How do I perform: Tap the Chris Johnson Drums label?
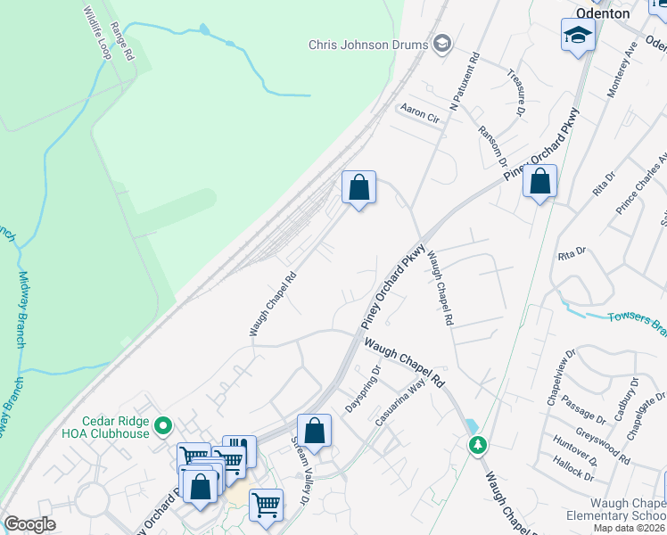click(x=369, y=44)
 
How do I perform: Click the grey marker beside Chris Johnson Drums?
click(x=441, y=44)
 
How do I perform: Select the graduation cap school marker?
click(x=578, y=36)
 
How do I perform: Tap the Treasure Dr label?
click(x=515, y=93)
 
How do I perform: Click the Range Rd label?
click(x=122, y=42)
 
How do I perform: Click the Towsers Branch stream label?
click(x=637, y=322)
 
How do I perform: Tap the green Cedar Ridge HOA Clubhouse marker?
click(x=161, y=427)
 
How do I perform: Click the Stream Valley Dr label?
click(x=300, y=469)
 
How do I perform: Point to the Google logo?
click(x=30, y=524)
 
